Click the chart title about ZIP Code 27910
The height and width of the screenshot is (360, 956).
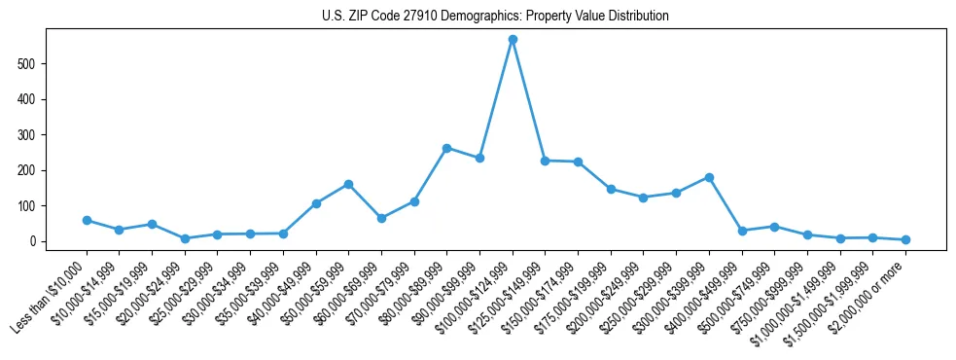(x=495, y=17)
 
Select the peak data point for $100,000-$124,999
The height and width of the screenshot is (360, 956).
(x=513, y=40)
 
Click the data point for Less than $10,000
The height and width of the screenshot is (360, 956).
(x=87, y=221)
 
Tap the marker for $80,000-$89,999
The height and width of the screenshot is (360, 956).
(x=446, y=148)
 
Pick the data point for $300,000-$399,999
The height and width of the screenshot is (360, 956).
(x=709, y=177)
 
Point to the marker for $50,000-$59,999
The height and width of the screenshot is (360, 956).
(x=348, y=184)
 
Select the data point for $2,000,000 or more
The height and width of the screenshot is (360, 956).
(x=905, y=239)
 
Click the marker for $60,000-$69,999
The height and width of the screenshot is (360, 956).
(x=381, y=218)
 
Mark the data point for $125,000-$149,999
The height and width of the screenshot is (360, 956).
(x=545, y=161)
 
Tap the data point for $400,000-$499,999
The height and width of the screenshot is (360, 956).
(x=742, y=231)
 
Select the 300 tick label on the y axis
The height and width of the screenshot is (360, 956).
(x=35, y=135)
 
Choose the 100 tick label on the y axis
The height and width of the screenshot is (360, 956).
(x=35, y=206)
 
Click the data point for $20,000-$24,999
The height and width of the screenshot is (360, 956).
(x=185, y=238)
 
